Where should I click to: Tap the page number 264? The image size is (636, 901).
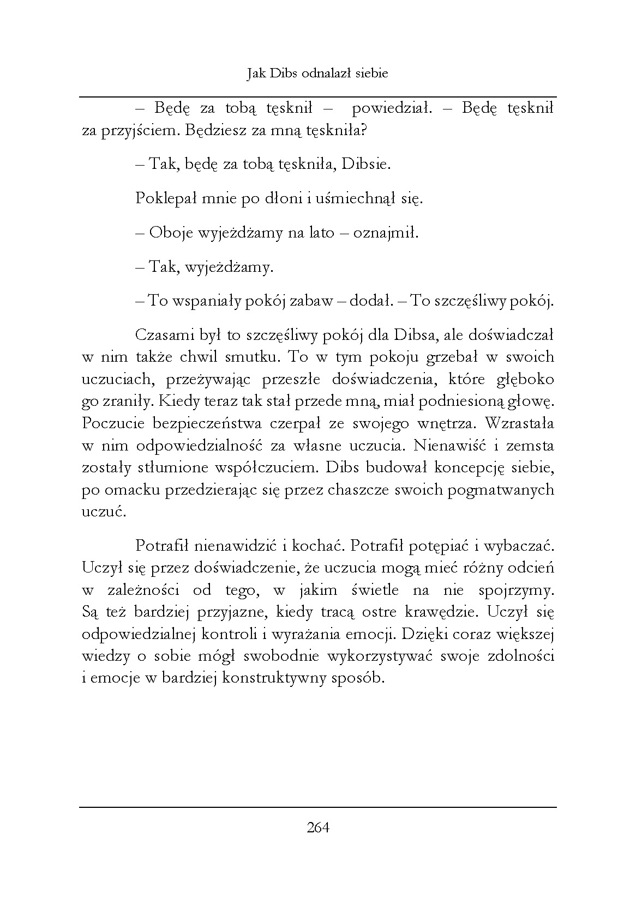tap(318, 828)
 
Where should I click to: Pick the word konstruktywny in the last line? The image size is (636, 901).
tap(271, 679)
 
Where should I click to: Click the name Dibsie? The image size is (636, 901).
tap(366, 165)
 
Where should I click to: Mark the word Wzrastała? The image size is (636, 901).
tap(519, 423)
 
